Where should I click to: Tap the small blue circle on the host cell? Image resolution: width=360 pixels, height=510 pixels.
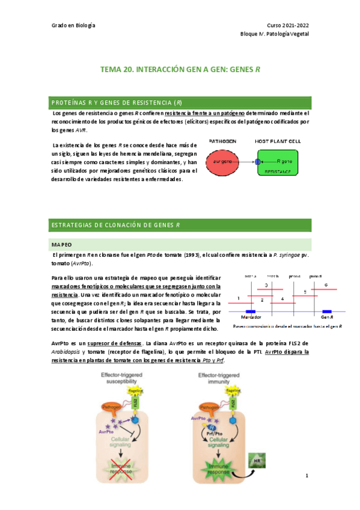258,162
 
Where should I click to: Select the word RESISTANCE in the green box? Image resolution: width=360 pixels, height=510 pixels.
278,171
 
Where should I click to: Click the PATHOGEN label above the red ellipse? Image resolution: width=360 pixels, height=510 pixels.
222,141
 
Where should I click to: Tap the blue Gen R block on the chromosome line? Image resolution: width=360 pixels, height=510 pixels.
328,312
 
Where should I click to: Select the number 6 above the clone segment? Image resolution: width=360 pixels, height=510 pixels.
326,284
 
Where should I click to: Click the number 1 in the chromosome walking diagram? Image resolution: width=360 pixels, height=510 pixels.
239,298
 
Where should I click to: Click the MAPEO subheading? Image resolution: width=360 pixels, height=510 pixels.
62,245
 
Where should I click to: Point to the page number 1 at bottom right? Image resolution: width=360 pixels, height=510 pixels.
307,476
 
